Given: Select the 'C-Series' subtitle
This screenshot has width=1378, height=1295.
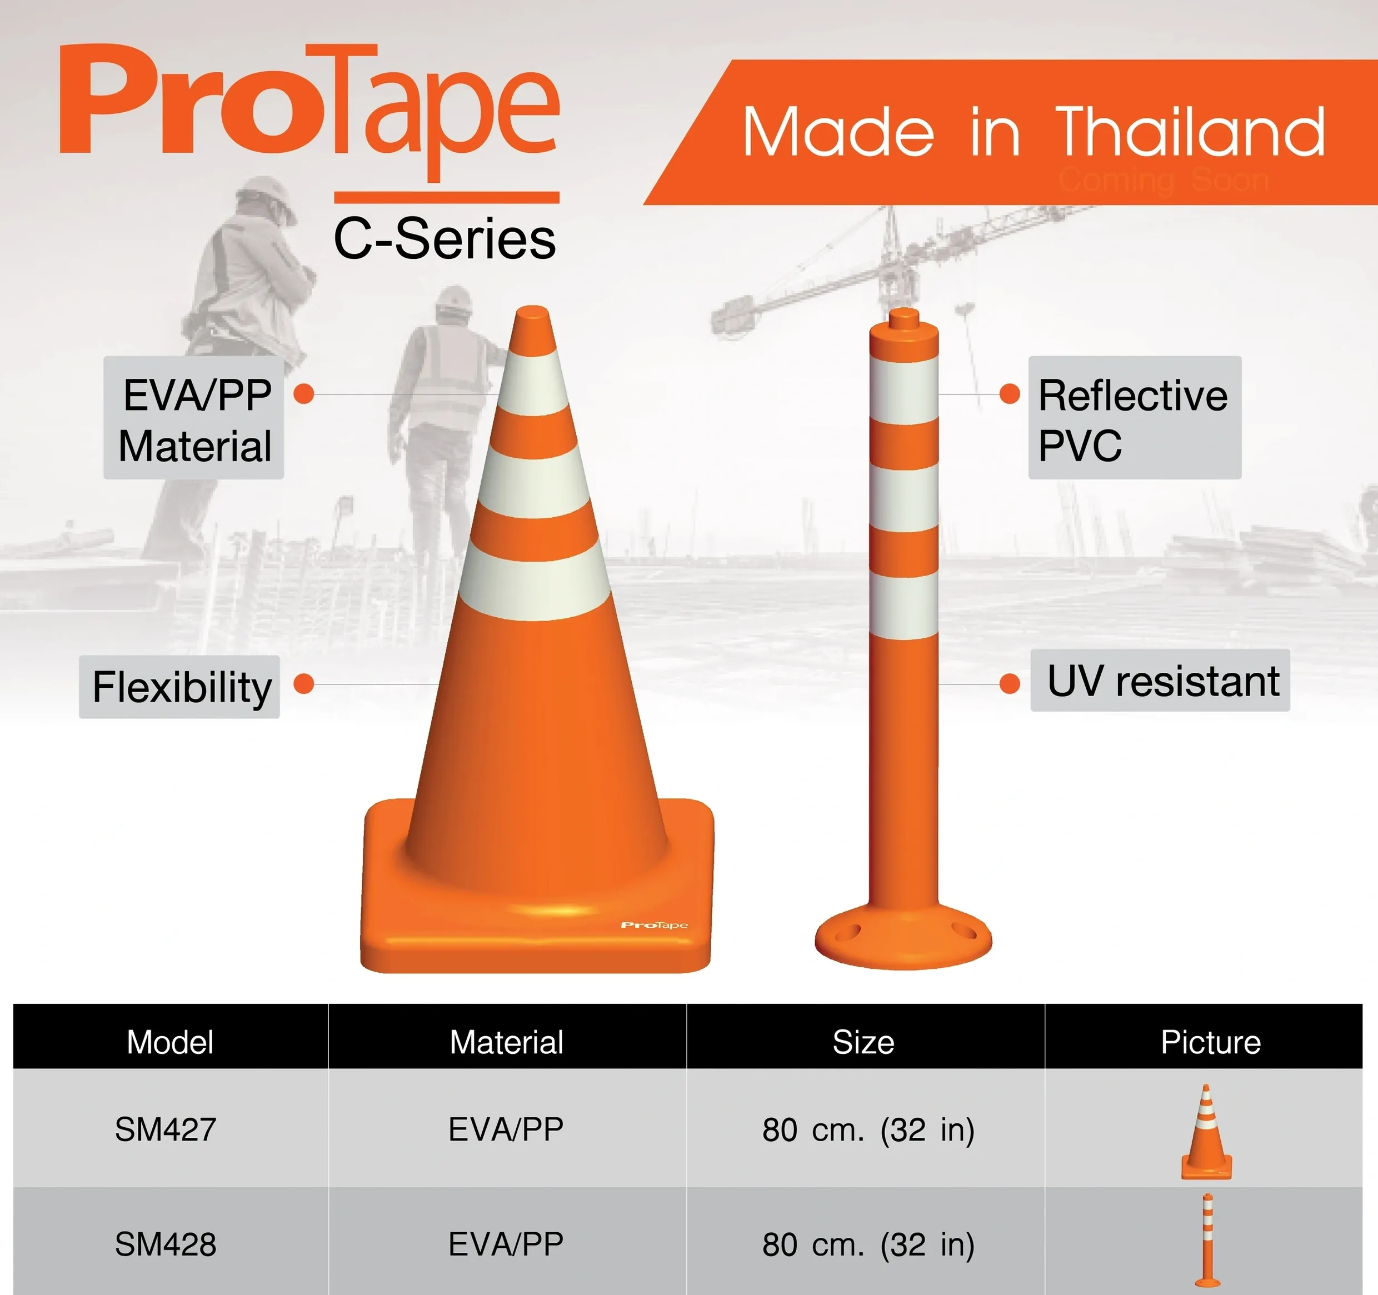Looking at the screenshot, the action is click(x=445, y=238).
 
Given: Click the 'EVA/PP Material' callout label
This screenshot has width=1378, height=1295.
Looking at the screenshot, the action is click(x=194, y=418).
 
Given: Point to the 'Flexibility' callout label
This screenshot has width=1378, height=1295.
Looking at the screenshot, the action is click(x=179, y=687).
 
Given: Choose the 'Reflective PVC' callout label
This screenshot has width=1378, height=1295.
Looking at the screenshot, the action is click(x=1134, y=418).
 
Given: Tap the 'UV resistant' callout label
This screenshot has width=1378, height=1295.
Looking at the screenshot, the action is click(x=1160, y=681).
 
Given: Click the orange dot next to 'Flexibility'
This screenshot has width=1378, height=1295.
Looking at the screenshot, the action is click(x=303, y=684).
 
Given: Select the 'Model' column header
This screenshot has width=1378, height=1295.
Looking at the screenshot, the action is click(x=170, y=1042).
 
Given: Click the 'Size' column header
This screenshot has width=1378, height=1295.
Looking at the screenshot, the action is click(x=863, y=1042).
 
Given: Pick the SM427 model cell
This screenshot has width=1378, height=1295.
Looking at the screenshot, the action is click(x=166, y=1130).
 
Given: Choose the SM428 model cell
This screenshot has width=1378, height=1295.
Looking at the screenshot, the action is click(x=166, y=1244).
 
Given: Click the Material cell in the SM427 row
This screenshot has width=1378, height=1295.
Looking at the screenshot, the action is click(x=506, y=1130).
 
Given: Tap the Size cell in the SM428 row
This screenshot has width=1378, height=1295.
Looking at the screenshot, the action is click(x=868, y=1245).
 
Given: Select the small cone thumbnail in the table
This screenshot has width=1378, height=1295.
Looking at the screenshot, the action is click(x=1207, y=1132).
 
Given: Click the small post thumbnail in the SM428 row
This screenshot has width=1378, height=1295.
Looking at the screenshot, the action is click(x=1207, y=1240).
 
